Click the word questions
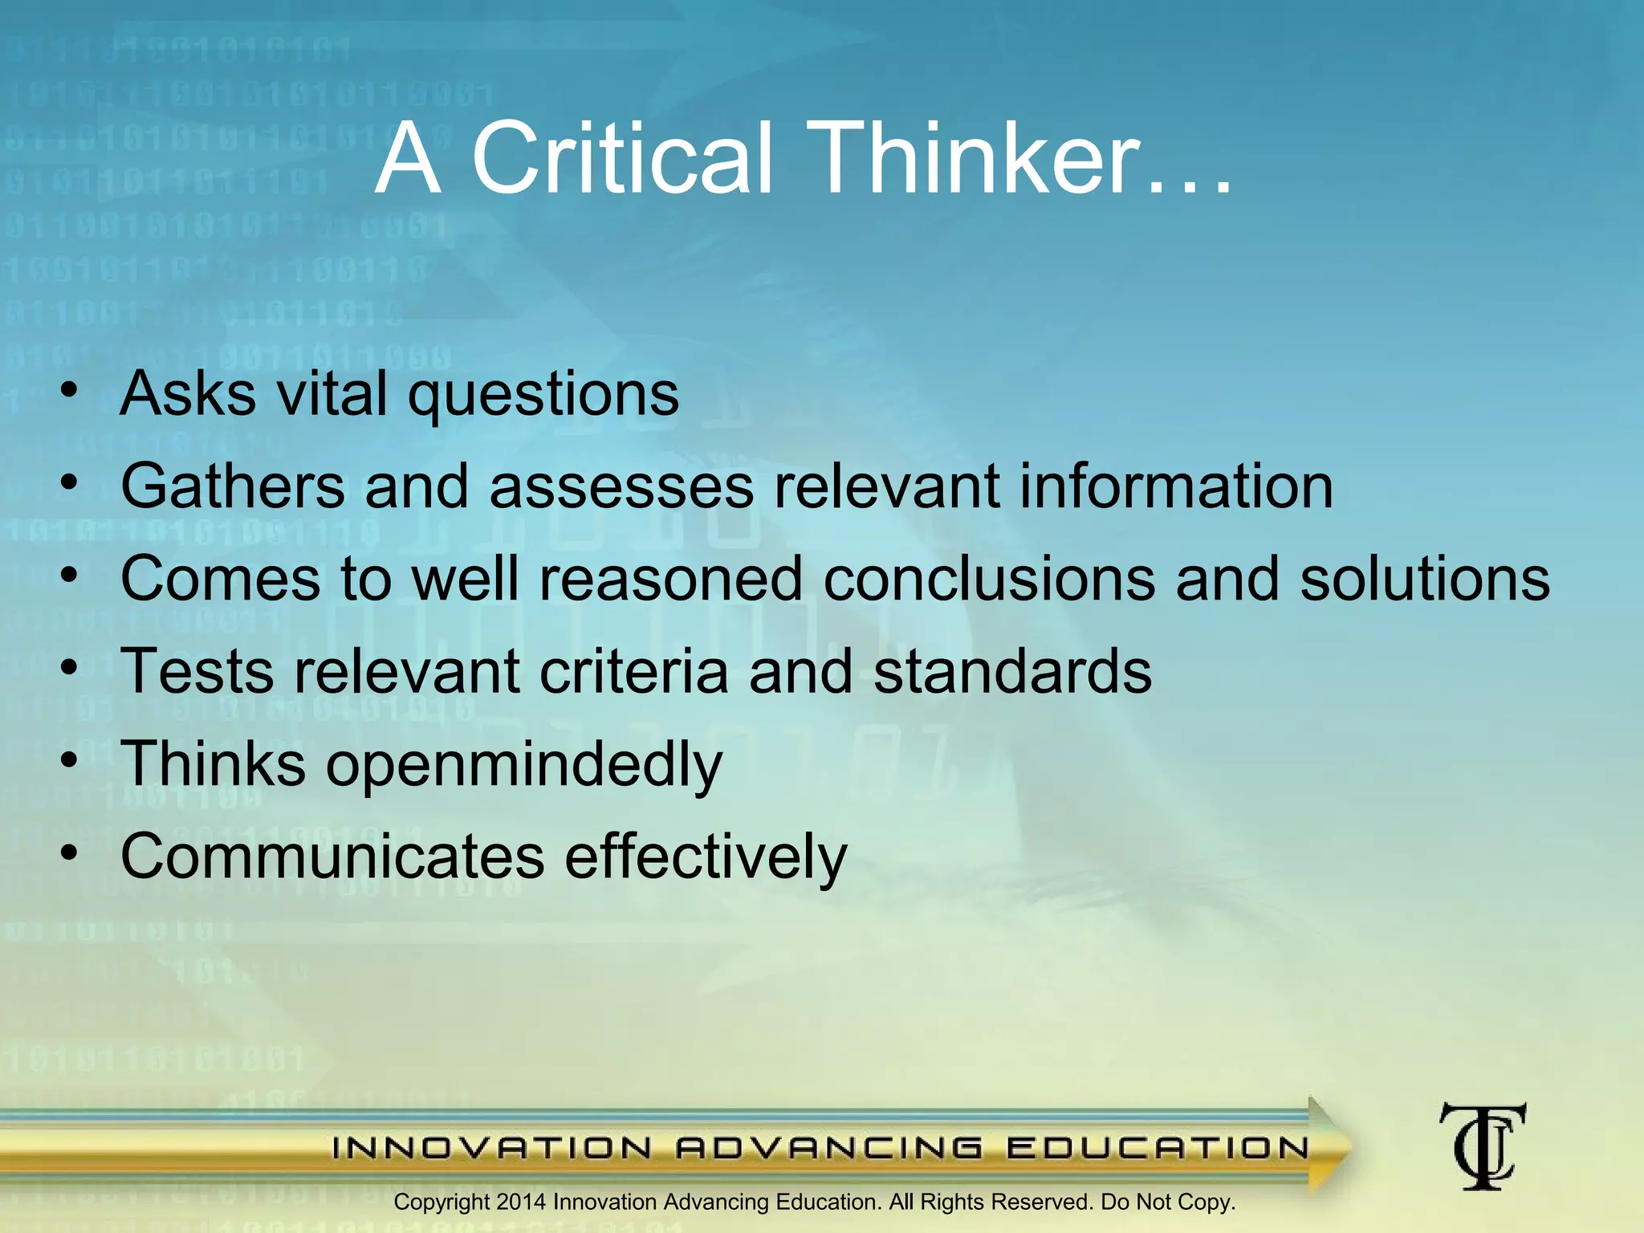tap(543, 395)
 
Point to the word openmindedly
tap(524, 765)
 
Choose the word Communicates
tap(332, 856)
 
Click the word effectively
tap(706, 856)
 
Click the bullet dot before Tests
tap(70, 667)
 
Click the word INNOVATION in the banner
tap(492, 1148)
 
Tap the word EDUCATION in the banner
tap(1158, 1148)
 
